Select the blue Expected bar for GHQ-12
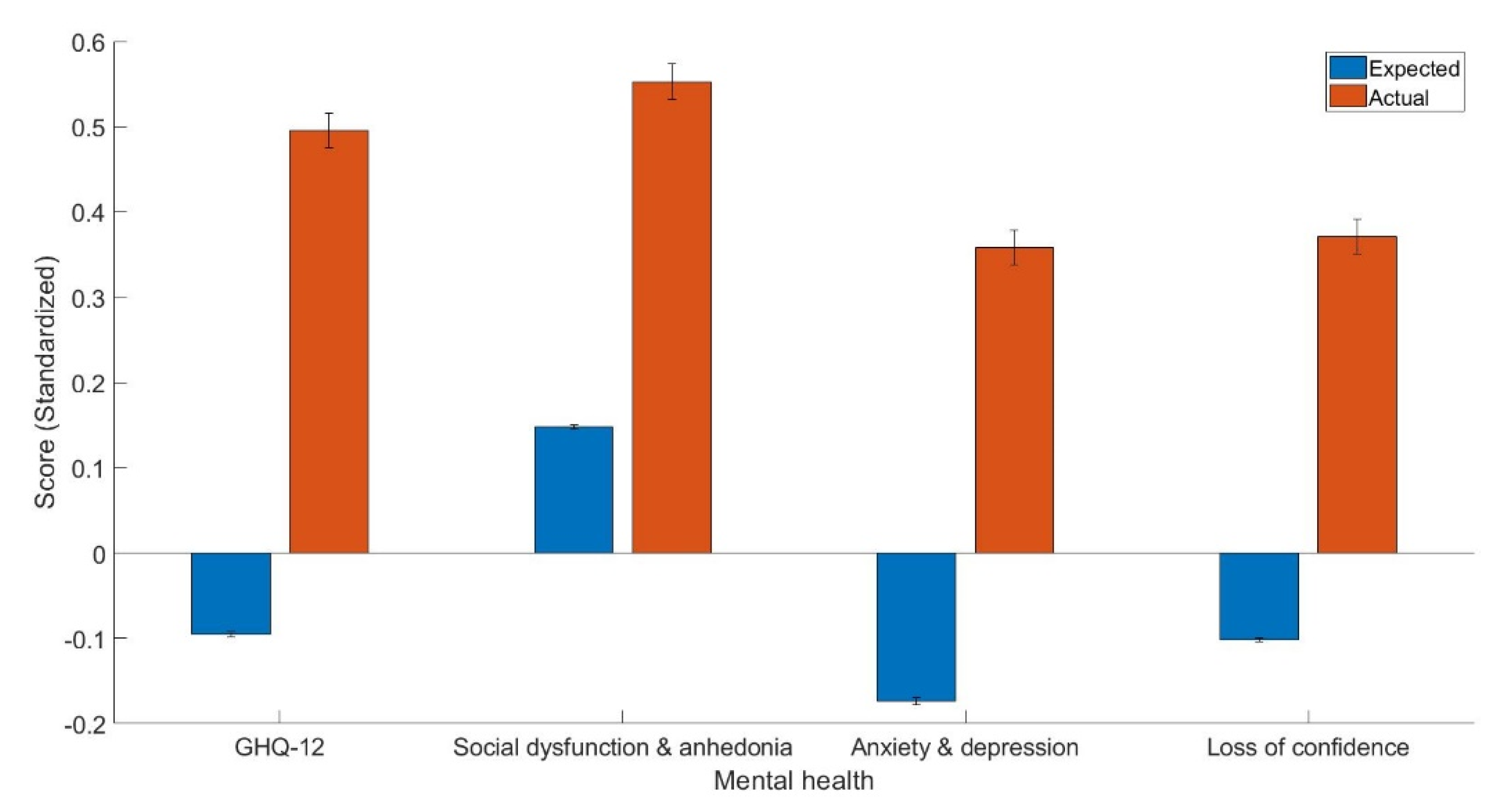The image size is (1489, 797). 231,593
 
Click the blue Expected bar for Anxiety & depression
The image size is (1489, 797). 916,627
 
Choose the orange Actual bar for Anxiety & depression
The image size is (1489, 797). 1014,400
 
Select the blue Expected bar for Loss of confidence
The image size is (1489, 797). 1259,596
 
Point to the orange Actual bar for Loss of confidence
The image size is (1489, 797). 1357,394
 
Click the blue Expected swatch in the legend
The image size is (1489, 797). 1347,68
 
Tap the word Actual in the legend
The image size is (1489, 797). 1398,98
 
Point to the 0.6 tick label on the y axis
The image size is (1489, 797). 88,42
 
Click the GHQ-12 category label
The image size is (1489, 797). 279,748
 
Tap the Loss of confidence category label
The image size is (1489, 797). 1307,748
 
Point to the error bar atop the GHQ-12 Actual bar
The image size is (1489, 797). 329,130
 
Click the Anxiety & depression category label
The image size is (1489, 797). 964,748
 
